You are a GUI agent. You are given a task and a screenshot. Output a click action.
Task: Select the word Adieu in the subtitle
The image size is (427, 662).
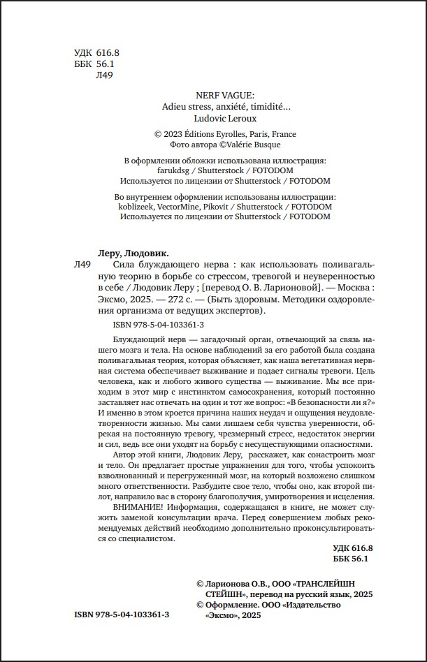click(172, 108)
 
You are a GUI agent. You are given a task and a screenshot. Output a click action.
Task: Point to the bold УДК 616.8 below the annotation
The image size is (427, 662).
click(353, 548)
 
